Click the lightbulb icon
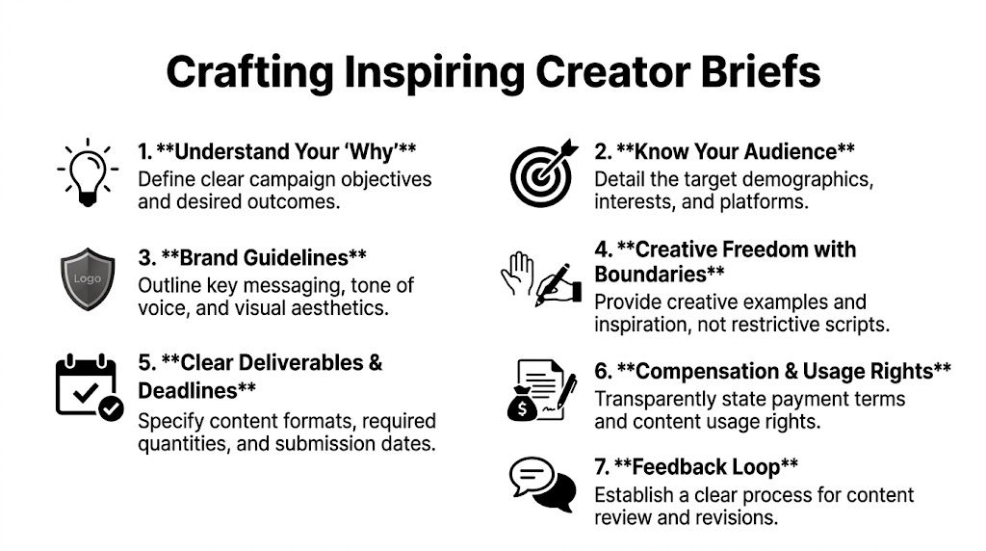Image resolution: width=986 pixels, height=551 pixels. tap(88, 171)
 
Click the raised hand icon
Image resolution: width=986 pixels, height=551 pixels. tap(516, 273)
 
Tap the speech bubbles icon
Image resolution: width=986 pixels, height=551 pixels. tap(540, 485)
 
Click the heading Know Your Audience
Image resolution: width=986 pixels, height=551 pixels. tap(724, 152)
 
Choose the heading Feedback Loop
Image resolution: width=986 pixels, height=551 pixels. tap(696, 468)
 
